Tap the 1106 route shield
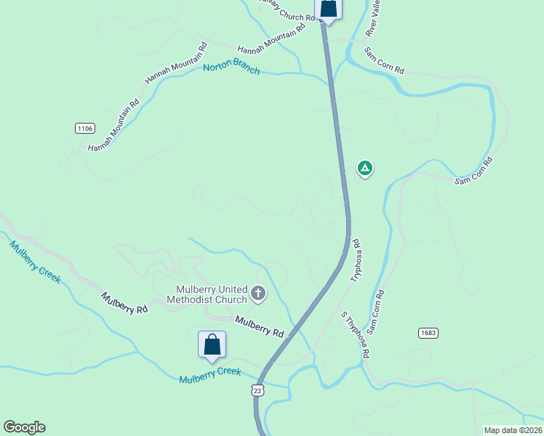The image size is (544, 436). click(x=84, y=128)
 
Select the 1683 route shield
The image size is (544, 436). click(x=428, y=332)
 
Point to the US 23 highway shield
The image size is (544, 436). click(x=257, y=391)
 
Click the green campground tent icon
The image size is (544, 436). click(x=365, y=169)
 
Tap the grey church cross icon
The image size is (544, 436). click(x=258, y=294)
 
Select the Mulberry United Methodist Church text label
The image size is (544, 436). click(x=207, y=294)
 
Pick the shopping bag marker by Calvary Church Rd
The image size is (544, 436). click(x=328, y=9)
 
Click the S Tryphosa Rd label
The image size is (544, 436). click(x=356, y=334)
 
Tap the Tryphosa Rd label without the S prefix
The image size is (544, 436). click(x=356, y=260)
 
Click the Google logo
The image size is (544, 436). click(x=24, y=427)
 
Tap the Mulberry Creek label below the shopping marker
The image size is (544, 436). click(x=210, y=375)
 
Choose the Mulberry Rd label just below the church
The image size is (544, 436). click(x=260, y=326)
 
